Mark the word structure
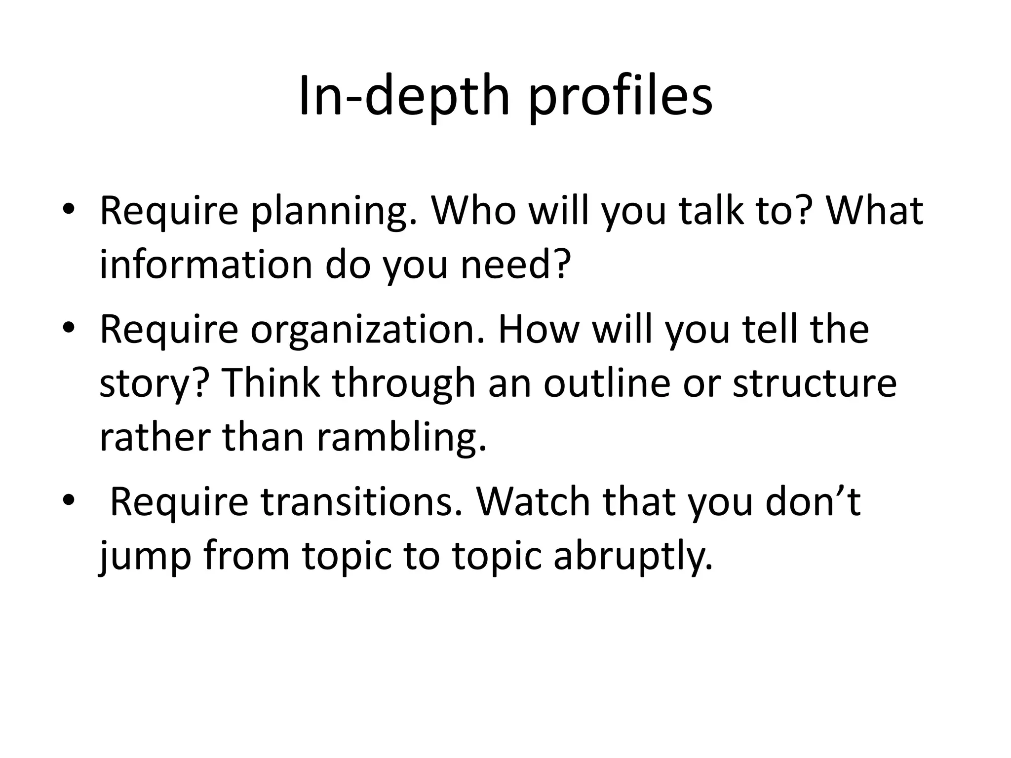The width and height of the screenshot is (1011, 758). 815,383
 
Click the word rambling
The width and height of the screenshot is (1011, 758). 401,439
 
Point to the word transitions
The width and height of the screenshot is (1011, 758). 363,502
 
